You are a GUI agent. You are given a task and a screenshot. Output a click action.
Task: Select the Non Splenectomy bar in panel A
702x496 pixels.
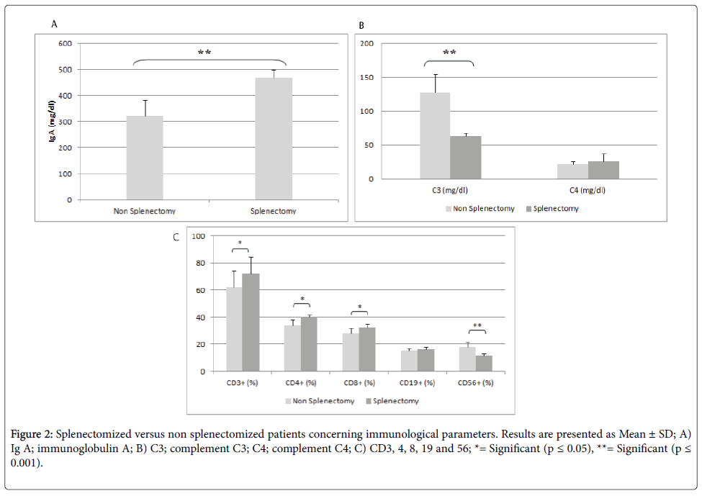145,158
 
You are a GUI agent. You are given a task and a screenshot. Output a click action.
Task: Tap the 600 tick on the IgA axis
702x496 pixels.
65,44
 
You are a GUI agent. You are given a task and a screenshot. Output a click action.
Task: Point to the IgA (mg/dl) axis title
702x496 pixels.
53,122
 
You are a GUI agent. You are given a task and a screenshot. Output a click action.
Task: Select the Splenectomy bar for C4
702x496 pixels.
603,170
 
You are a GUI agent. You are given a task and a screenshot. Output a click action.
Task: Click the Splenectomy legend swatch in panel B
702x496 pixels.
530,209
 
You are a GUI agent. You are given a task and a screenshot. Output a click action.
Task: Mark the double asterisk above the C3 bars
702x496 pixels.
449,53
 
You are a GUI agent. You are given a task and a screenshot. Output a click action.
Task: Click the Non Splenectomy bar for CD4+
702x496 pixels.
292,348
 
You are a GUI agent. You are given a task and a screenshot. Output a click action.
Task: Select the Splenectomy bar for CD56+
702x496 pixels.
483,364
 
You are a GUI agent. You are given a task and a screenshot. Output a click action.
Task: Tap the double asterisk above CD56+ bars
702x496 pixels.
477,325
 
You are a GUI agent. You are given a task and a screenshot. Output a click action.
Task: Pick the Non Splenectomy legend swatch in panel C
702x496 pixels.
289,401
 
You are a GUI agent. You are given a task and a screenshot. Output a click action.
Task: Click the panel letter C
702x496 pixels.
176,236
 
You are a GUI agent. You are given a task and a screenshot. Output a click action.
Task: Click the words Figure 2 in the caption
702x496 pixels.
32,434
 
